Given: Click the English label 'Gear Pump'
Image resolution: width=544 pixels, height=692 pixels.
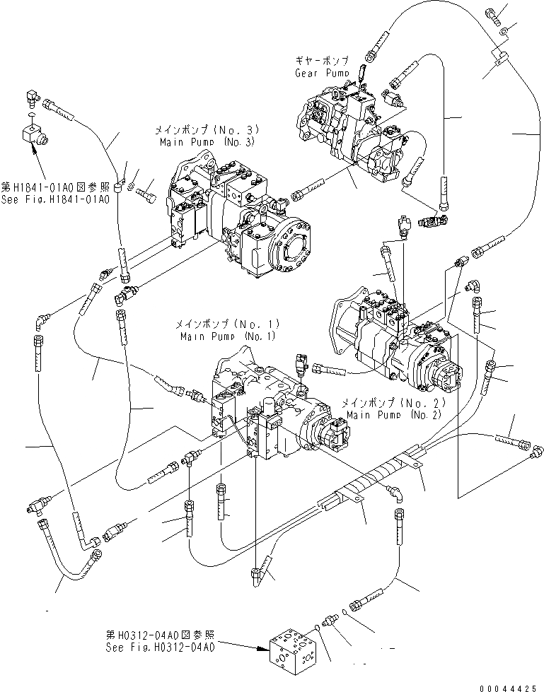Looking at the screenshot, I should tap(322, 73).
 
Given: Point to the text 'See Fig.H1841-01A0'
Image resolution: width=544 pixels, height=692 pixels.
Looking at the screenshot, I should tap(55, 199).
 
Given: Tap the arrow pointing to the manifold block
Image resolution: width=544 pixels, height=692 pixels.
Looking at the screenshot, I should tap(241, 642).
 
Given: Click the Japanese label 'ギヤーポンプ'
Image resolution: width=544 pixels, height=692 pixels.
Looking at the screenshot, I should tap(322, 62).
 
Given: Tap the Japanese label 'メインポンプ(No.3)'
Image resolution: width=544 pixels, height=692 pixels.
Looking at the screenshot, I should tap(205, 131).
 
